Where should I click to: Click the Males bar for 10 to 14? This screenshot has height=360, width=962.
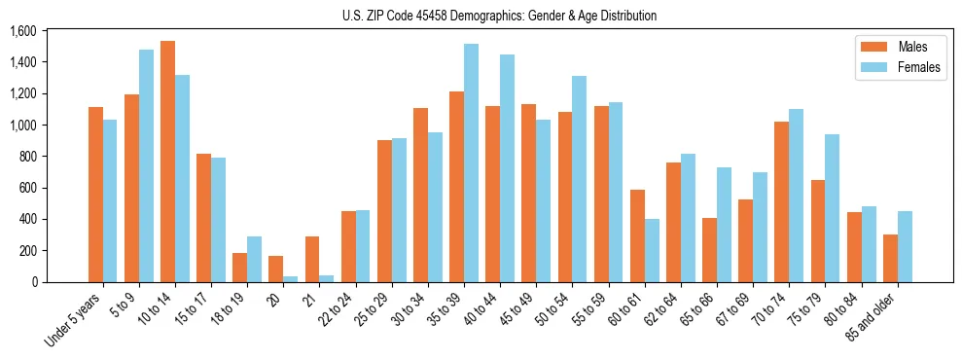tap(167, 162)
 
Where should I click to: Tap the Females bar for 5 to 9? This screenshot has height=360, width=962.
tap(146, 165)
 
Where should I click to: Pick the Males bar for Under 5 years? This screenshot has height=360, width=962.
tap(95, 195)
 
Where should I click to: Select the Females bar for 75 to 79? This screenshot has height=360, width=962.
tap(832, 208)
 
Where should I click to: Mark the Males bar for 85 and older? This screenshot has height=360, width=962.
tap(890, 258)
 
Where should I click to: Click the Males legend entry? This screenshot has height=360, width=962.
tap(890, 47)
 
